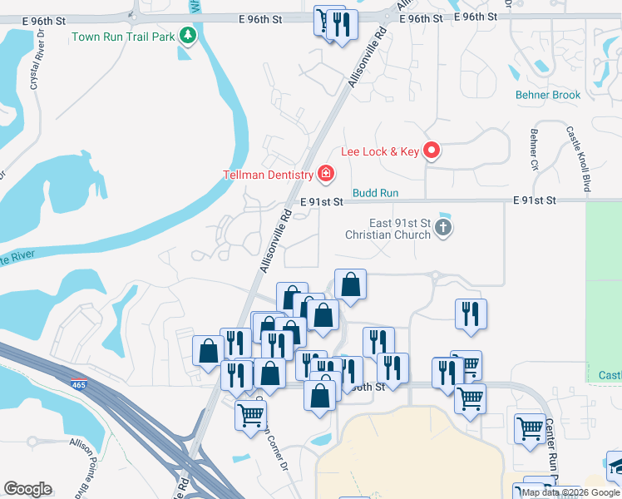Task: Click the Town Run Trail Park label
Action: [x=122, y=37]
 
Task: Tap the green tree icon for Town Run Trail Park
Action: [x=189, y=35]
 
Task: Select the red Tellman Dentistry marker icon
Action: [x=326, y=174]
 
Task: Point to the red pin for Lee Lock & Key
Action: [x=432, y=151]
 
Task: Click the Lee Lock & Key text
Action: [x=380, y=151]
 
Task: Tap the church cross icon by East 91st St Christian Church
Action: [x=444, y=227]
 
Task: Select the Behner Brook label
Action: [x=548, y=95]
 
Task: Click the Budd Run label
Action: [x=375, y=193]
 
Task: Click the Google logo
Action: [x=27, y=489]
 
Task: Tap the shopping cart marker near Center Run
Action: [x=530, y=429]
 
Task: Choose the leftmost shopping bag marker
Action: [x=208, y=350]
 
